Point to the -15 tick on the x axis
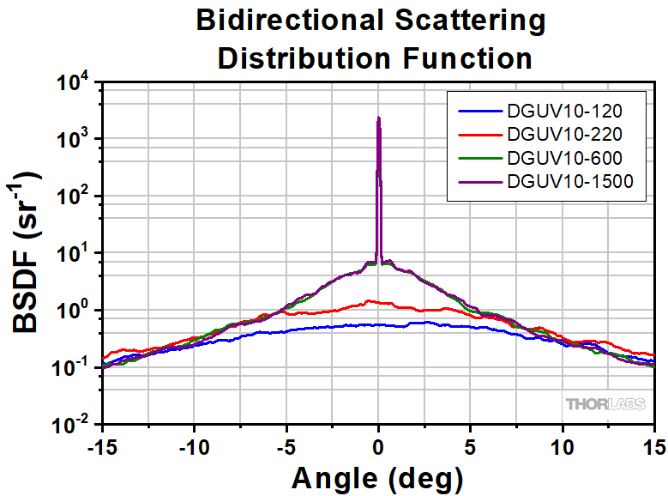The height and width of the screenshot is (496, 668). [x=101, y=445]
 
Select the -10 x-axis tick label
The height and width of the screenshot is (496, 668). [x=194, y=445]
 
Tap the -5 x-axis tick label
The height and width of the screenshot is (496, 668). [x=286, y=445]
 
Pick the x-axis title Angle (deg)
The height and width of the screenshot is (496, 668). [x=377, y=476]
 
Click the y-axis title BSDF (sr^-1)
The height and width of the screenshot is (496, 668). [x=27, y=253]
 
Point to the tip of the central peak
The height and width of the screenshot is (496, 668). [x=378, y=118]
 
